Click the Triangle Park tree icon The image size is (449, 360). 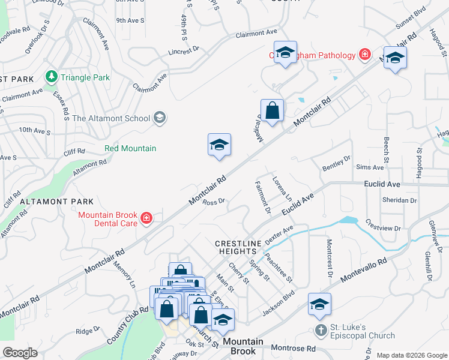click(52, 77)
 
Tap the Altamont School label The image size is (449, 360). click(111, 118)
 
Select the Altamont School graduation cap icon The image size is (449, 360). click(160, 118)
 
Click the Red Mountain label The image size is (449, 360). click(130, 148)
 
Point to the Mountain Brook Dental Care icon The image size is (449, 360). click(146, 218)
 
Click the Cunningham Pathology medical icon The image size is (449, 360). click(364, 55)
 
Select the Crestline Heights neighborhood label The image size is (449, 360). click(239, 247)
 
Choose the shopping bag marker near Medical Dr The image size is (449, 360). click(273, 111)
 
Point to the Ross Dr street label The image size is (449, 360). click(213, 202)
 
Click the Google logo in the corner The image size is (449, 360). click(20, 353)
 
